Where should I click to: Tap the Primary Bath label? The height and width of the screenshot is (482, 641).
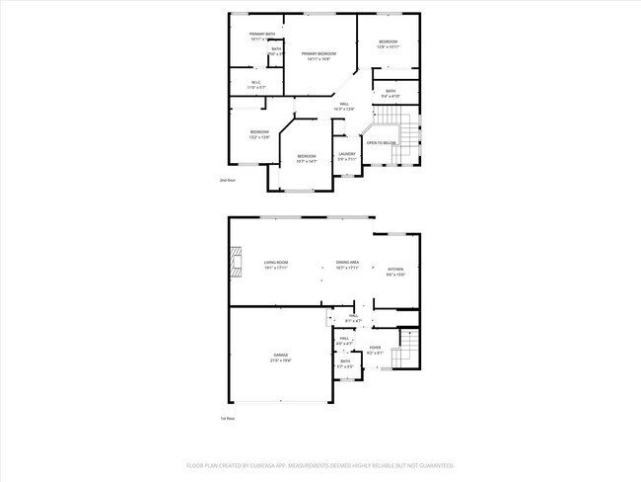point(262,35)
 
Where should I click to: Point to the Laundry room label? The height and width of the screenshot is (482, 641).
point(346,153)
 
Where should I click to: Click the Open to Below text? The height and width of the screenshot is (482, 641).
point(381,143)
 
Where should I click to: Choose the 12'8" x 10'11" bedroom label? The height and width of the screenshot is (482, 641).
point(388,41)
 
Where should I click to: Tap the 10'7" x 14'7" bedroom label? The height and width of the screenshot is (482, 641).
point(307,156)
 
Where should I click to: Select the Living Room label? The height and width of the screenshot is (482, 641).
point(275,263)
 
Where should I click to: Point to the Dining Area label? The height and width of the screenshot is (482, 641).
point(347,263)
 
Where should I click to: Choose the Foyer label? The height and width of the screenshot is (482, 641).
point(375,348)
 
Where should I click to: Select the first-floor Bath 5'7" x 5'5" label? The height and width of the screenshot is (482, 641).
point(345,362)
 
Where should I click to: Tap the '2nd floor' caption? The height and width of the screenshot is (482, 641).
point(228,180)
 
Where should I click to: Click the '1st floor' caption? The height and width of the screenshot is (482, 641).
point(227,418)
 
